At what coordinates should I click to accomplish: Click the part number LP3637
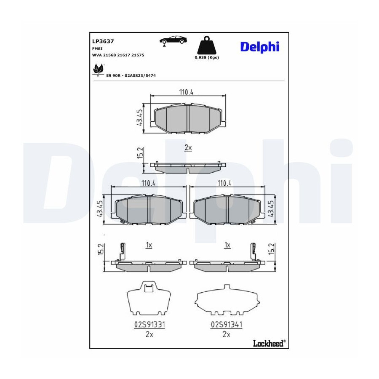[103, 41]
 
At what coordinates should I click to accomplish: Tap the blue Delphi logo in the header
[259, 47]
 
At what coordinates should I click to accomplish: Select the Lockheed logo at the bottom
[269, 343]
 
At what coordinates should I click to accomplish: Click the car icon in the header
[173, 40]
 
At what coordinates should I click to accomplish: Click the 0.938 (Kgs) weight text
[207, 58]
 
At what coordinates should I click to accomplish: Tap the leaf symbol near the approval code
[98, 69]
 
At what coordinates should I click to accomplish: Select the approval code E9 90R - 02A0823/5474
[131, 76]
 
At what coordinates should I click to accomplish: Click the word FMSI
[97, 48]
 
